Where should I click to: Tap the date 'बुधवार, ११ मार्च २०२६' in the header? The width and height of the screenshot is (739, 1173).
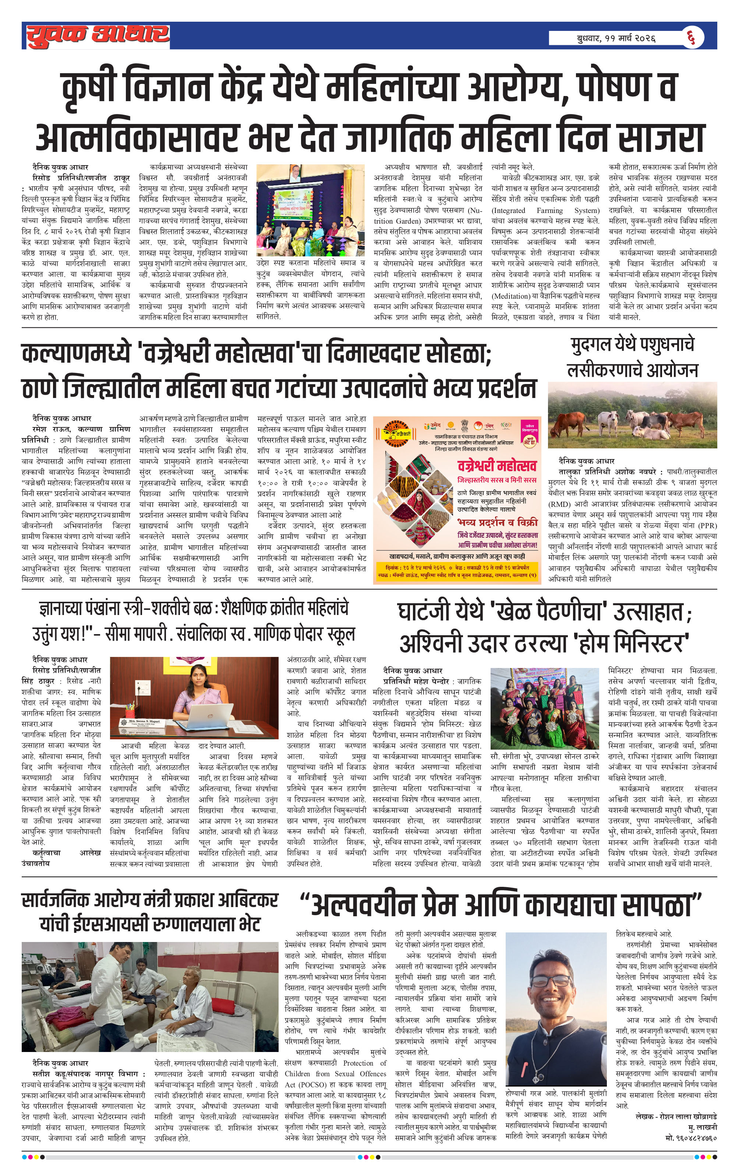(x=616, y=38)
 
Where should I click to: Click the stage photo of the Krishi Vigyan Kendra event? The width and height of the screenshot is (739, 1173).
(x=310, y=210)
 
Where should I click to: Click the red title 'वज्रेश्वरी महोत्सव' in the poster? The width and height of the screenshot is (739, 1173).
(x=497, y=466)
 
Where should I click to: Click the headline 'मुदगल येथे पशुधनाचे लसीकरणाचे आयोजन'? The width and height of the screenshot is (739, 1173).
(x=632, y=358)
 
